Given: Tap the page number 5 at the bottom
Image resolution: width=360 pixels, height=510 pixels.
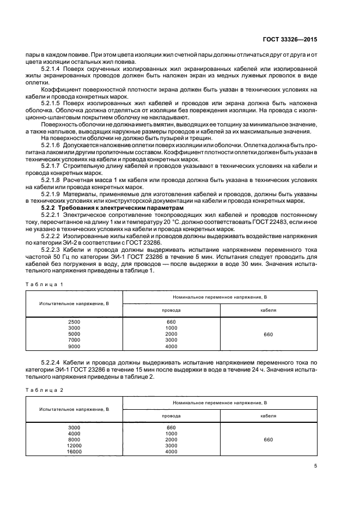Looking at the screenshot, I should (316, 466).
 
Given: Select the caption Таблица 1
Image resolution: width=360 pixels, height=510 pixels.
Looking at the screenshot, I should (45, 284).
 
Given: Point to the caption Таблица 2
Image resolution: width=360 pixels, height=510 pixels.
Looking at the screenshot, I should (45, 390).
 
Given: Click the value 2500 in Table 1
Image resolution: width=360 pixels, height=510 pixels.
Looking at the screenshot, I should (74, 322).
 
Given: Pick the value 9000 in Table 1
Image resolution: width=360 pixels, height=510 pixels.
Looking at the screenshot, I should (74, 346).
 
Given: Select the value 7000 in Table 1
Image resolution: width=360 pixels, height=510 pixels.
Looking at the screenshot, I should (74, 340).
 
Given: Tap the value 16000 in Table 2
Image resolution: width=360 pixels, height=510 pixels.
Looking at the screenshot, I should (74, 452).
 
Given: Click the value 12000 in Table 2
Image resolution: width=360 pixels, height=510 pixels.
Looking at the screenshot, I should (74, 446).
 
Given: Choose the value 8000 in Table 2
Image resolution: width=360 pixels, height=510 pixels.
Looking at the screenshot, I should (74, 440).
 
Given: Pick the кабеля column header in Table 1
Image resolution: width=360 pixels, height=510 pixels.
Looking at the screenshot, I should (269, 309).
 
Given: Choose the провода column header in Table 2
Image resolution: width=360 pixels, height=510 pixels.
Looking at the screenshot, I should (172, 415).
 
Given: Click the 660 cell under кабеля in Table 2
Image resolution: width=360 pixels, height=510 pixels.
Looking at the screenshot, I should (269, 440).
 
